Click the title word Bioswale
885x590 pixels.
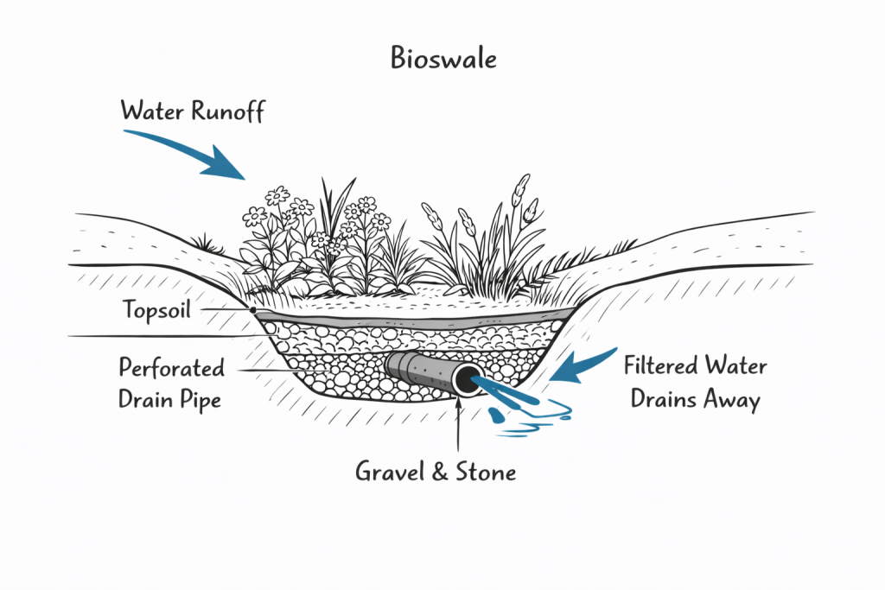point(442,60)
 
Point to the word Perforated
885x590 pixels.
point(171,368)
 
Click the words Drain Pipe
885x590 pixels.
point(171,399)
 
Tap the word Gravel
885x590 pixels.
point(391,472)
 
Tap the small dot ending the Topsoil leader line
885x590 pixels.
point(252,309)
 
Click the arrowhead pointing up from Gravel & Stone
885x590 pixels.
point(457,406)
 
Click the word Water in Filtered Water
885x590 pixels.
point(737,366)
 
